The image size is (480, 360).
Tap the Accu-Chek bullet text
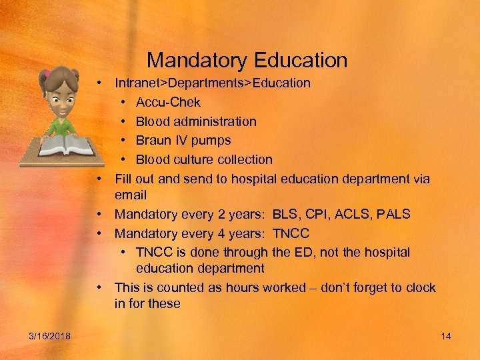tap(168, 102)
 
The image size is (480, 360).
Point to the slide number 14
tap(446, 335)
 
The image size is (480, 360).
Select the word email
tap(131, 195)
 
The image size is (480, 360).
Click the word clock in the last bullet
tap(420, 287)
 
